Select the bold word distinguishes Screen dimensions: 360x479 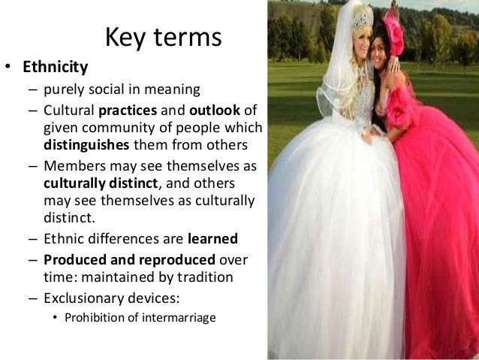[x=86, y=145]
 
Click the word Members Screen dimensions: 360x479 [x=74, y=167]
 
